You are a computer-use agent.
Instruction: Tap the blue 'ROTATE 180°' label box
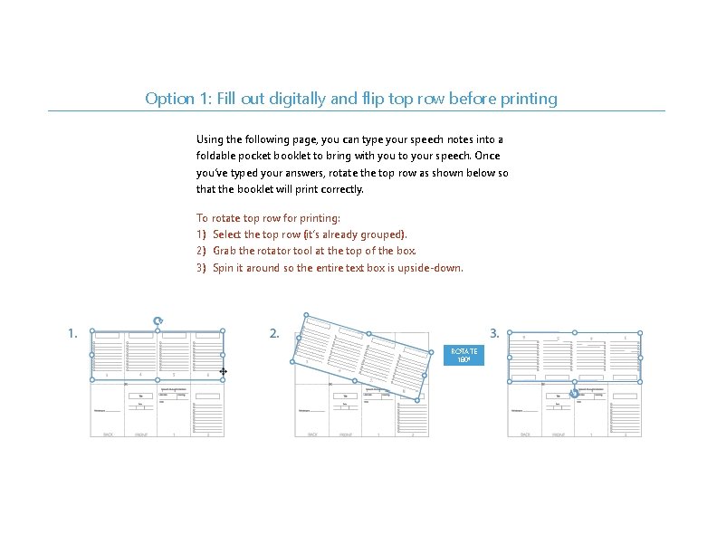pos(464,355)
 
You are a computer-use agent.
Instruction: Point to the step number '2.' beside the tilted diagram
pos(274,334)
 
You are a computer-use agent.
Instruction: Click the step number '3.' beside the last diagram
pos(494,334)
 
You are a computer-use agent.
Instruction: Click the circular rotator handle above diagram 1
pos(158,320)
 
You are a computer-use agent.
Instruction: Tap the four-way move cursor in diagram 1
pos(223,371)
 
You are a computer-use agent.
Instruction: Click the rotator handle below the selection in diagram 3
pos(574,394)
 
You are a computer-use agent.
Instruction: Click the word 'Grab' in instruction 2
pos(226,251)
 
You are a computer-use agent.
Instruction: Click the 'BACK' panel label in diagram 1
pos(108,435)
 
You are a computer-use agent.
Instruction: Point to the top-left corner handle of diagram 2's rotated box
pos(306,317)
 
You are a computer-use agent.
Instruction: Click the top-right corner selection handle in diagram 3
pos(641,332)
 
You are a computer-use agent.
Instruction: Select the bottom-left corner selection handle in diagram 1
pos(92,380)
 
